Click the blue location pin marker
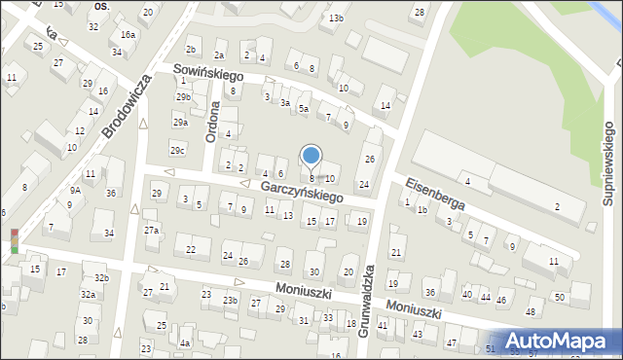pos(311,157)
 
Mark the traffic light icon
pos(15,240)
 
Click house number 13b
pos(336,18)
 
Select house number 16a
pos(128,34)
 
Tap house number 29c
pos(177,150)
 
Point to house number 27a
pos(151,230)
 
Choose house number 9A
pos(75,191)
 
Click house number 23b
pos(229,300)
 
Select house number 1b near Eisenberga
pos(422,209)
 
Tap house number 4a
pos(184,342)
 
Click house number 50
pos(559,296)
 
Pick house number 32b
pos(101,278)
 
